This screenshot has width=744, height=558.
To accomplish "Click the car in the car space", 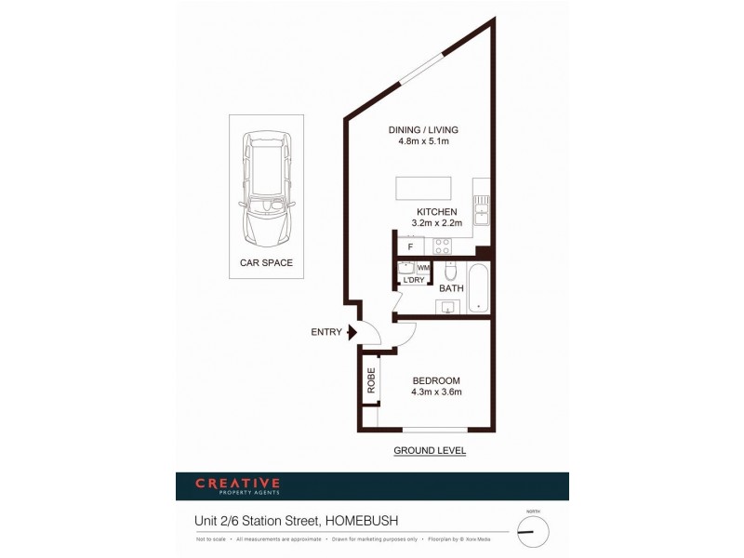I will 266,185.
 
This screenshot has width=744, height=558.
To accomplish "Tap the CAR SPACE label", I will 266,263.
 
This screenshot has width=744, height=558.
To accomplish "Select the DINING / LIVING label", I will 423,129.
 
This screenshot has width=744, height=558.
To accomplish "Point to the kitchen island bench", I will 424,187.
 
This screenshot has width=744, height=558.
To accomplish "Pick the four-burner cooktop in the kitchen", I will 442,246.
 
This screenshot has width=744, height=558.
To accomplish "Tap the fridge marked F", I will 410,247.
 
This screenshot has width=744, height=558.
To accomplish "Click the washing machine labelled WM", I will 422,268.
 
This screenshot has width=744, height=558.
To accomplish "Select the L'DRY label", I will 414,280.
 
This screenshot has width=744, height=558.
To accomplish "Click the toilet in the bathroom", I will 450,272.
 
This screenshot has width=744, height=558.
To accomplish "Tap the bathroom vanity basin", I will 448,308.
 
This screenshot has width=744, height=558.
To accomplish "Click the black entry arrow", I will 351,332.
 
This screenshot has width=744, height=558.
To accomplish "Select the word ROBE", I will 370,382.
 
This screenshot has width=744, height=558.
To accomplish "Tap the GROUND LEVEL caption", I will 429,451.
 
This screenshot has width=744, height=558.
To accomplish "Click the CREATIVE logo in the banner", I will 237,483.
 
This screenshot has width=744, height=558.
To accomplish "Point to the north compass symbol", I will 533,531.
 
